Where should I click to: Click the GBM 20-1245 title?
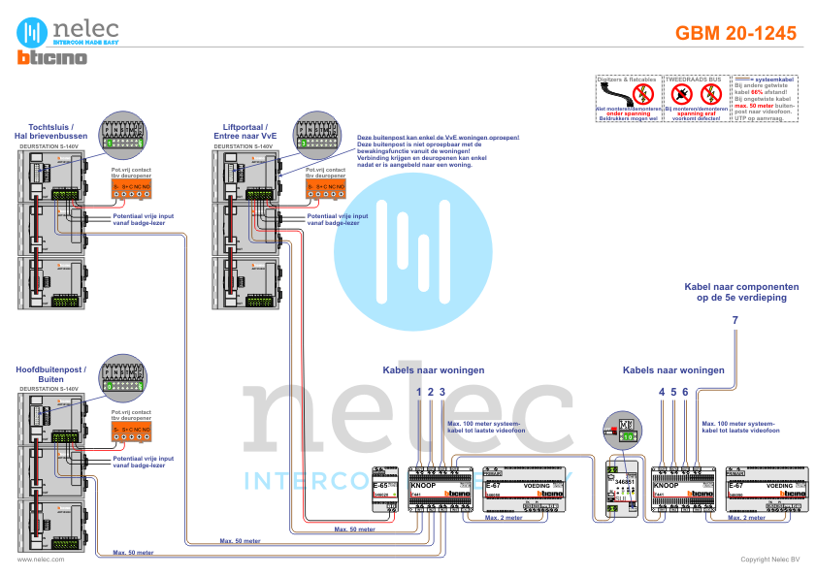pos(735,34)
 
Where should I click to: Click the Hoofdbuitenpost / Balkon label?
pos(51,374)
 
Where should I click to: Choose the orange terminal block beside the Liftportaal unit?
pos(325,185)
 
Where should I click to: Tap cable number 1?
pos(419,391)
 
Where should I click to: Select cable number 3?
pos(441,391)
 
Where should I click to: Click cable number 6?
pos(685,391)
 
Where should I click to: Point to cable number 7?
pos(735,320)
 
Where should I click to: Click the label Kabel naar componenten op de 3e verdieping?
pos(741,292)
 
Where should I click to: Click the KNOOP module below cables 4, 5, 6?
pos(685,489)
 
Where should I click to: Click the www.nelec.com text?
pos(40,560)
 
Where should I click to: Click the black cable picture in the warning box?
pos(627,97)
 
